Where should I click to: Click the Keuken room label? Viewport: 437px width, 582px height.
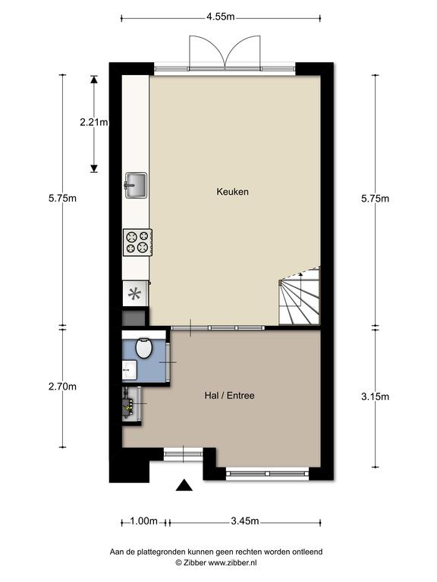(232, 192)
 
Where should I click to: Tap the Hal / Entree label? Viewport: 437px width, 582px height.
(229, 396)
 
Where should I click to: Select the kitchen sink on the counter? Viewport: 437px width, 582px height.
(136, 185)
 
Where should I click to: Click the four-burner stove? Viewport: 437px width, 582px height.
(137, 242)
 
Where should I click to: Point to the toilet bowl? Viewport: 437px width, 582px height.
(144, 348)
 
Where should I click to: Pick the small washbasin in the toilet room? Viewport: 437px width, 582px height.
(130, 370)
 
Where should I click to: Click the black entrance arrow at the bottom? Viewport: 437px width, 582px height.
(184, 485)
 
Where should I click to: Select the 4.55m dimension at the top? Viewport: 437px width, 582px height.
(221, 17)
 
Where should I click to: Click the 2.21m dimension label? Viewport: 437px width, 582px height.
(94, 122)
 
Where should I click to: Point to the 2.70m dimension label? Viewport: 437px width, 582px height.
(62, 386)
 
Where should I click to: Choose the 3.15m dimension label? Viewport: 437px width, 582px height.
(375, 397)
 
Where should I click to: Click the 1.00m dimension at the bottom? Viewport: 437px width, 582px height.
(144, 521)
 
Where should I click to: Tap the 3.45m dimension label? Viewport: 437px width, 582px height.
(245, 521)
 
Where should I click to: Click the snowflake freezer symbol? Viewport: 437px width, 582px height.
(134, 294)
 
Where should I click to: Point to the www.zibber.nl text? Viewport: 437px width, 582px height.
(232, 563)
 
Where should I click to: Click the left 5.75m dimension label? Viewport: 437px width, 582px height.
(62, 199)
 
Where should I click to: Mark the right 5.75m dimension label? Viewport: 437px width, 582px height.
(375, 199)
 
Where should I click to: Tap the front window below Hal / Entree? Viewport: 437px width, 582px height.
(268, 474)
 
